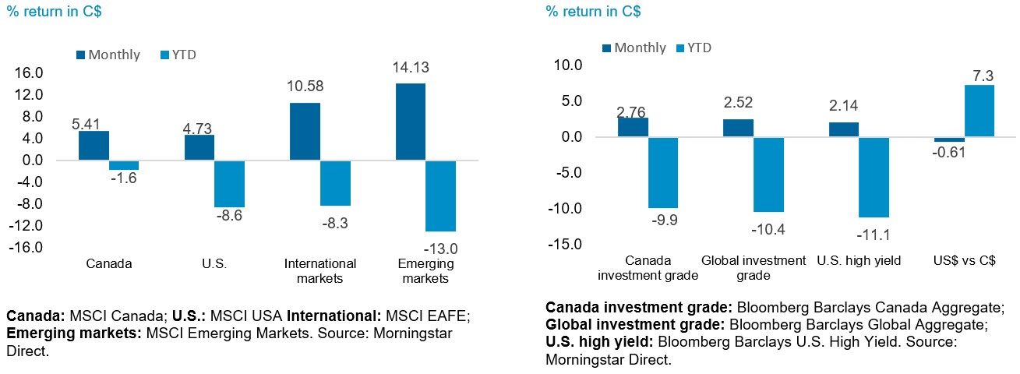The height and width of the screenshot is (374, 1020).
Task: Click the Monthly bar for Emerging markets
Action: click(x=411, y=122)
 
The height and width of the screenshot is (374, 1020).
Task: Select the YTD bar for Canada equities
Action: click(x=123, y=165)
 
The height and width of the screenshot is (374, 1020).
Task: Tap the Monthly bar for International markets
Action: click(x=305, y=132)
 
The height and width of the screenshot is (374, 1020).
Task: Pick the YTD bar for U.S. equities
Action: click(x=229, y=184)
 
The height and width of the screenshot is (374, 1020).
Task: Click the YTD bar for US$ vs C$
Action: click(x=979, y=111)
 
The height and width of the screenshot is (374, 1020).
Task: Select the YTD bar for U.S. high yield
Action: click(x=874, y=177)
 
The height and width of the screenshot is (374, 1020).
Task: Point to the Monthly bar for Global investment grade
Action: click(x=738, y=129)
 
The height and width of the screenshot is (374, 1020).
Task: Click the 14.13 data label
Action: click(x=411, y=68)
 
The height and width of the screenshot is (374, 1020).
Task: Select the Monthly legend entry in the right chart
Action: click(x=634, y=48)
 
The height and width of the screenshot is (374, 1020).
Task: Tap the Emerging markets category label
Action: click(x=425, y=270)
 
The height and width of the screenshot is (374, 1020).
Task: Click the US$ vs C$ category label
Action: click(x=964, y=261)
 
